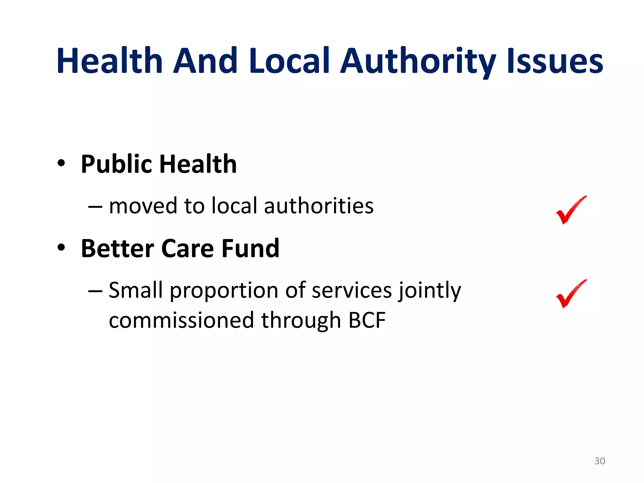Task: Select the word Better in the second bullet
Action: click(117, 248)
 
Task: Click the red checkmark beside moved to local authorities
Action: click(570, 210)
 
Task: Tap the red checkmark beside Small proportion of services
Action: click(570, 294)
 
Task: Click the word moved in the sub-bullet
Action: click(143, 206)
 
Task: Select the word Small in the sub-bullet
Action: click(136, 290)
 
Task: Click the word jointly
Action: click(430, 291)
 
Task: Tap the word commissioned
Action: click(181, 320)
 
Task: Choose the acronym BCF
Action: click(367, 320)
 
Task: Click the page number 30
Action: click(600, 461)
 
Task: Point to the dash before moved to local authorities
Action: click(95, 207)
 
